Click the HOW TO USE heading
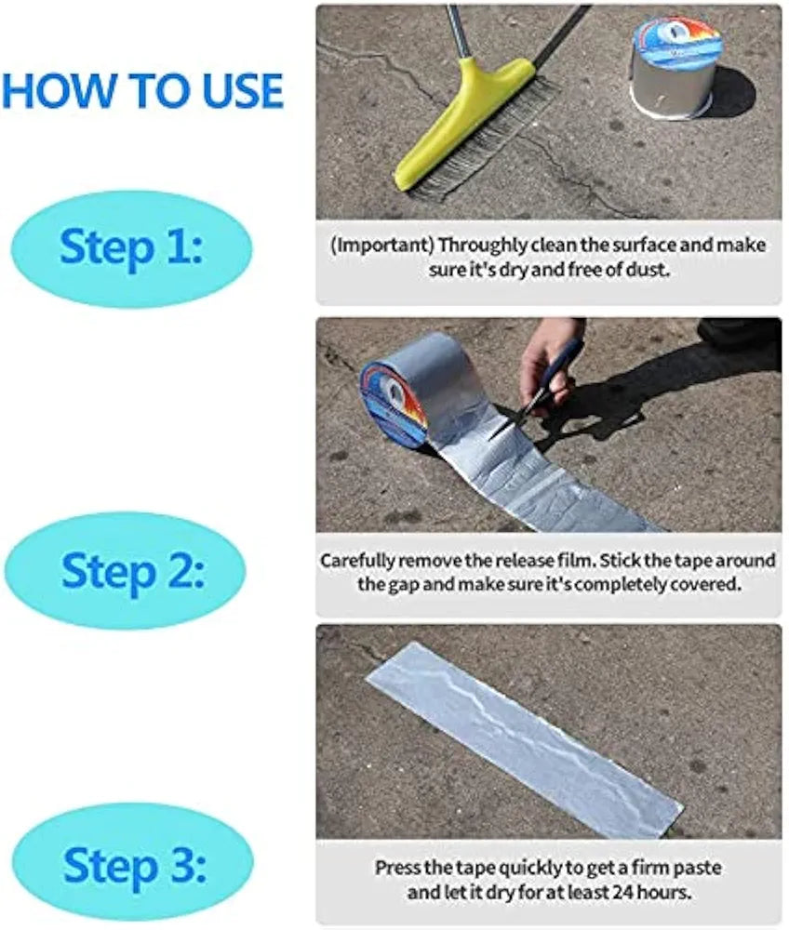(x=142, y=89)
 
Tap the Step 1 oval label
(x=131, y=248)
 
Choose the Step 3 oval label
(x=131, y=866)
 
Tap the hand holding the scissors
(x=549, y=358)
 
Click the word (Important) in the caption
(x=381, y=246)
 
